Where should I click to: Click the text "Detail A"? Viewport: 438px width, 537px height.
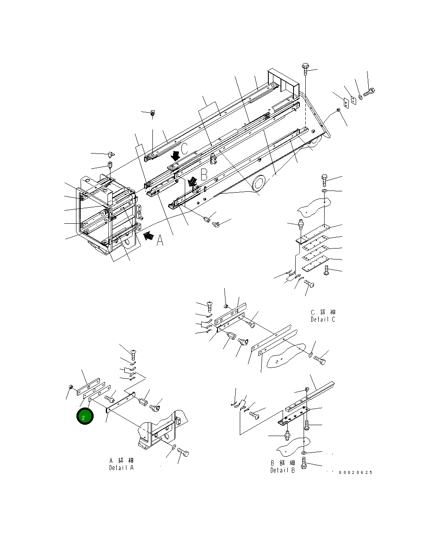coord(121,467)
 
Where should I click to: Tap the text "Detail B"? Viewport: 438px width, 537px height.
coord(283,470)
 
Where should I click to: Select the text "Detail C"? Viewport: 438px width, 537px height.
coord(323,319)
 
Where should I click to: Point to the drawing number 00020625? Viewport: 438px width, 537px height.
coord(355,473)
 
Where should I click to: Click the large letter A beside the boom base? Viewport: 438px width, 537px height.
coord(160,241)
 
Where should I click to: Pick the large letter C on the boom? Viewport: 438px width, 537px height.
coord(184,149)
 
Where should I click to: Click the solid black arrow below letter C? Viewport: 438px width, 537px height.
coord(176,156)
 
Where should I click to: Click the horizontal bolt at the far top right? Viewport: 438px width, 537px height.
coord(369,91)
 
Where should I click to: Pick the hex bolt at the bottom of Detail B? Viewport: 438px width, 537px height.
coord(304,466)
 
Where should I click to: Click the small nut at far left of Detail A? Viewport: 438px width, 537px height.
coord(71,387)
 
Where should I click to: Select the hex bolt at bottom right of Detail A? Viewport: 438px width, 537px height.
coord(184,453)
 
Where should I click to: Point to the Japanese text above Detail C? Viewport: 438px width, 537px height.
coord(323,312)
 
